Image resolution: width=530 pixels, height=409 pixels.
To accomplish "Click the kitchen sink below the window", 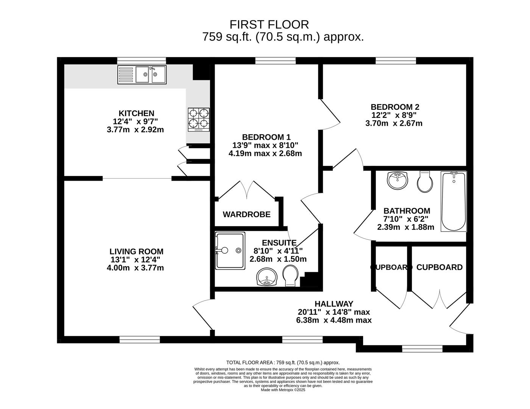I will click(x=142, y=74).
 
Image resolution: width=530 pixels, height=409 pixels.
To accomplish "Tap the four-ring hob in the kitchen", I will click(x=199, y=119).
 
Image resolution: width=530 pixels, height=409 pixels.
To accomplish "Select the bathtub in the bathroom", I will click(x=454, y=201).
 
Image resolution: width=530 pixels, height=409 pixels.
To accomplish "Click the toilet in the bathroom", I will click(x=425, y=182).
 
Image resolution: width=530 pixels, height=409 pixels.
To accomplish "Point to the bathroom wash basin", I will click(x=397, y=180).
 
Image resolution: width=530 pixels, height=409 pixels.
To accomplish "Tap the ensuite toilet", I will click(x=290, y=275).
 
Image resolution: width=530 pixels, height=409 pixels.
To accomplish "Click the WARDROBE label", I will click(x=246, y=215).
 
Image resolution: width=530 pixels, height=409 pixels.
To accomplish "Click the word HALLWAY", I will click(x=334, y=304).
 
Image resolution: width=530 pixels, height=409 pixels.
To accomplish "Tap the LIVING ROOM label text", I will click(x=136, y=251).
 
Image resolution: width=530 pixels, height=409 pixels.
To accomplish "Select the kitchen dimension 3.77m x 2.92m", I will click(x=135, y=130).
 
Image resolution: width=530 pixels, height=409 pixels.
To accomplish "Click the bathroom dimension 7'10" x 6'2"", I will click(x=407, y=219).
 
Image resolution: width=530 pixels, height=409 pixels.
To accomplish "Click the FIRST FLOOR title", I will click(x=269, y=25).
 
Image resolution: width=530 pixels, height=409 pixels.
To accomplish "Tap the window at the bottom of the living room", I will click(x=140, y=339).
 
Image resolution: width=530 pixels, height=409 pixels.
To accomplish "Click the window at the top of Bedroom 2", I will click(x=396, y=61).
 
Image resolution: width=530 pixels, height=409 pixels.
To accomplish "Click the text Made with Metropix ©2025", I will click(x=283, y=390).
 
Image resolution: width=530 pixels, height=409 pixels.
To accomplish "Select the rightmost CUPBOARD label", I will click(x=439, y=267).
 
